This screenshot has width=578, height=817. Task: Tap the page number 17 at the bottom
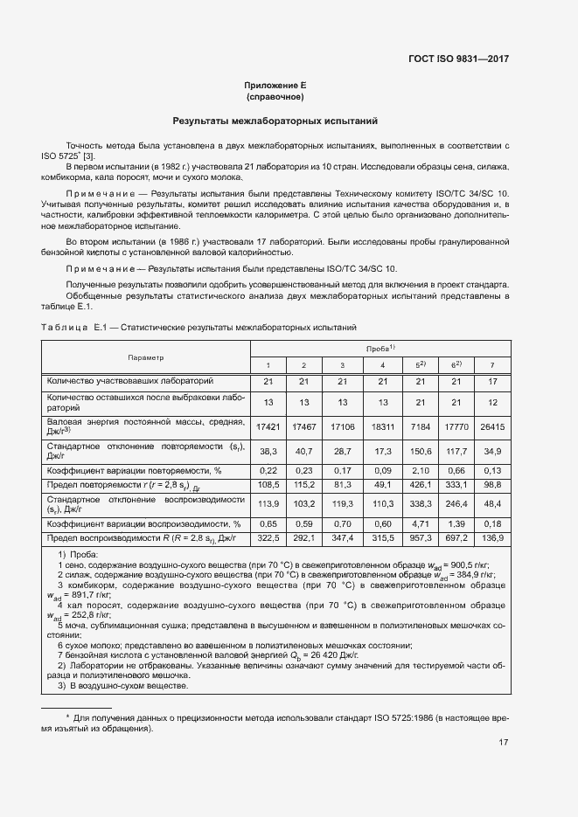503,743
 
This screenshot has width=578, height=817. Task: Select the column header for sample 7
493,364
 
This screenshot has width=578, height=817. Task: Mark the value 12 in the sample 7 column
493,402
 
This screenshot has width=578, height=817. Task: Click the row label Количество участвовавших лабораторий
130,381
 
